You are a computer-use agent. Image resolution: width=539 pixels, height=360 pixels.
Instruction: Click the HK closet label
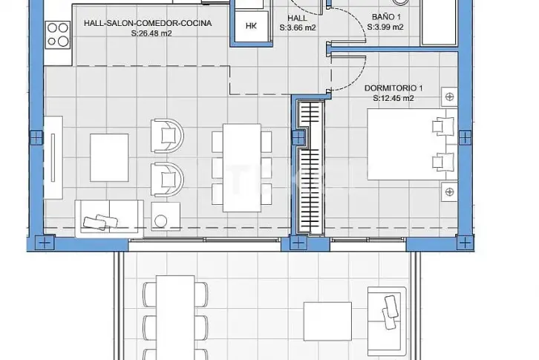coord(251,26)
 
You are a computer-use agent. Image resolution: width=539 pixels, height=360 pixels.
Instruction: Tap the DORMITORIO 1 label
coord(393,88)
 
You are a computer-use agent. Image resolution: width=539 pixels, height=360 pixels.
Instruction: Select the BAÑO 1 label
coord(386,17)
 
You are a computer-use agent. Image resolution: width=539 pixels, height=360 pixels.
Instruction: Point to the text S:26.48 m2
coord(151,33)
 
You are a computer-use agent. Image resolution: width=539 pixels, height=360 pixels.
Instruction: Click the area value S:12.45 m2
coord(393,98)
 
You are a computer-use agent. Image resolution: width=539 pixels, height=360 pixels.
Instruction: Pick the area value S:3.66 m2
coord(298,28)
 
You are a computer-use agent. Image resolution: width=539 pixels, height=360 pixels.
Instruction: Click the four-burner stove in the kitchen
coord(58,34)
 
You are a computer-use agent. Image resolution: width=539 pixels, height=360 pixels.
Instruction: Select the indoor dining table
coord(241,168)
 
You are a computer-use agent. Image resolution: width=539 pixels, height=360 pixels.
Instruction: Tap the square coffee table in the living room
coord(109,157)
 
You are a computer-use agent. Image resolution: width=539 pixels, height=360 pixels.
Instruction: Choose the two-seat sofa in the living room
coord(109,219)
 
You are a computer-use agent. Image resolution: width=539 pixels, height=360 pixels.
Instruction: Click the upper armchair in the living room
coord(167,136)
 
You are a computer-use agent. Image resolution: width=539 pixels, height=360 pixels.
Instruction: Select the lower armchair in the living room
coord(167,179)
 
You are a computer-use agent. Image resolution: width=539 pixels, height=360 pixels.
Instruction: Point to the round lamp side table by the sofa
coord(166,216)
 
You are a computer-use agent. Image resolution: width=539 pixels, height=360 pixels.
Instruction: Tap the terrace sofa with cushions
coord(387,321)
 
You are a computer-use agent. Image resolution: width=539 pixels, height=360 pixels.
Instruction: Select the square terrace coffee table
coord(327,321)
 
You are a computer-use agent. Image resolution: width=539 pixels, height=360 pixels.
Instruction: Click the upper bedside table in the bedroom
coord(449,97)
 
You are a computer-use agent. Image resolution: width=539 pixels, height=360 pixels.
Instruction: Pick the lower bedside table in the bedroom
coord(449,192)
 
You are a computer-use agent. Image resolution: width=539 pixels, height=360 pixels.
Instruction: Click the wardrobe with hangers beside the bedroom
coord(311,167)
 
